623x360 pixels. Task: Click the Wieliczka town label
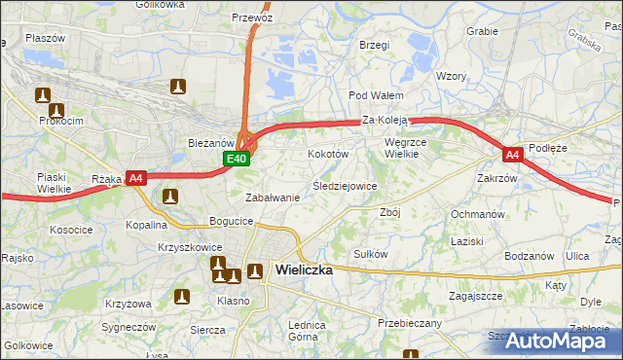(x=304, y=270)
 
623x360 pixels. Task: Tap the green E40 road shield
(x=237, y=158)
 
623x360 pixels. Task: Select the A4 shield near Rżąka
(x=136, y=178)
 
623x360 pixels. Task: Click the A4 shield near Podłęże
(x=513, y=154)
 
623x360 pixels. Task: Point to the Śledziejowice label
(x=345, y=185)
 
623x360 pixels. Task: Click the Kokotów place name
(x=327, y=154)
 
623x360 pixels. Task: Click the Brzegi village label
(x=374, y=45)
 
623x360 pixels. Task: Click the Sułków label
(x=371, y=254)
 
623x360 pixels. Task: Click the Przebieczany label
(x=409, y=323)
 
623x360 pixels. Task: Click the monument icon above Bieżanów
(x=177, y=87)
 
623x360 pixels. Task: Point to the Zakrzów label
(x=496, y=178)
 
